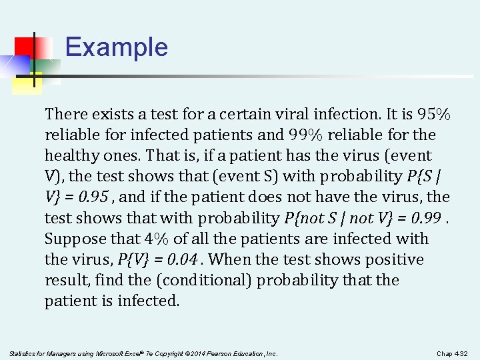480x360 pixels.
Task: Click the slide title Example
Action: tap(117, 47)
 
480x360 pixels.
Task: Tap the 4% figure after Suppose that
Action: tap(155, 239)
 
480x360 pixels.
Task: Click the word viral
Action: tap(277, 114)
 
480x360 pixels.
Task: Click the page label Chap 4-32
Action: tap(452, 353)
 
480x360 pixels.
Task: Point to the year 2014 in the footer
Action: tap(193, 353)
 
